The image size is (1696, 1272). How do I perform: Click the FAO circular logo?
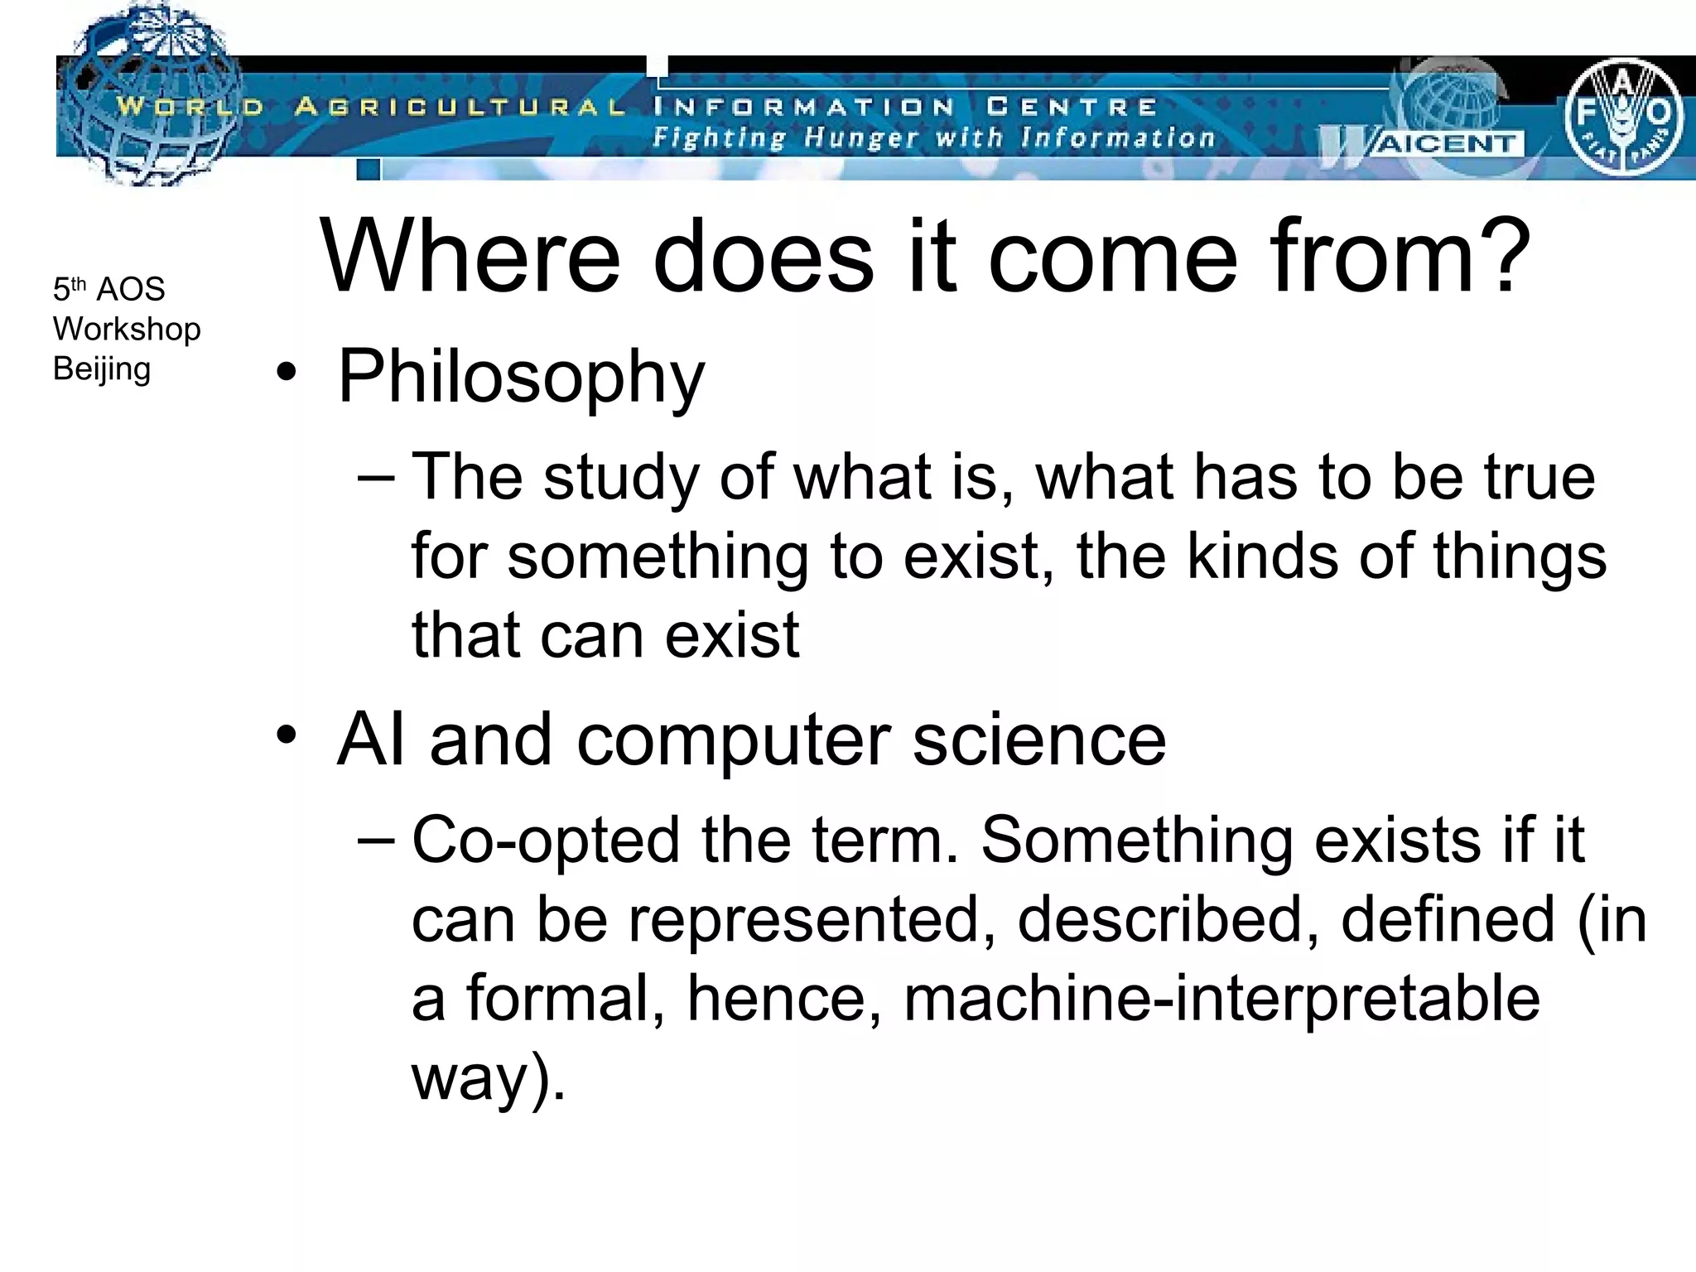(1622, 117)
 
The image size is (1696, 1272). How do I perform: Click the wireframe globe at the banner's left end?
(149, 95)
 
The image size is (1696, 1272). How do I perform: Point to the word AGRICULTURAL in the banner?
(460, 107)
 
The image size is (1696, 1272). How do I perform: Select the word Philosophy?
(521, 378)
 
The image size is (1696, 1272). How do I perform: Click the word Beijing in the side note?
(102, 369)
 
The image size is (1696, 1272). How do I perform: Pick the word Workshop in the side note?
(127, 329)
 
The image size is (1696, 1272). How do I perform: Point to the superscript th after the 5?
(79, 283)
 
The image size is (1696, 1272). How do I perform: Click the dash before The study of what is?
(378, 478)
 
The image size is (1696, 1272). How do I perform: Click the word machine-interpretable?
(1221, 999)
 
